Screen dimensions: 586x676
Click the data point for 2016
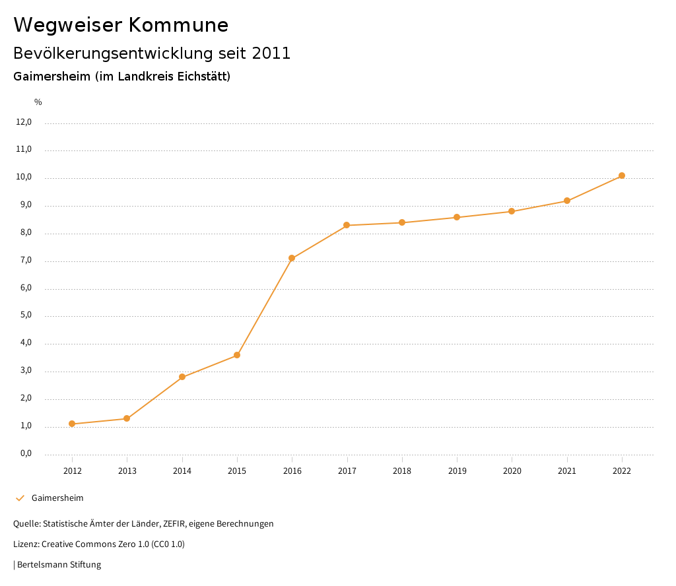tap(292, 258)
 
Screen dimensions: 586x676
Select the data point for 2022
tap(622, 176)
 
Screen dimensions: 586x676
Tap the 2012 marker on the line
tap(72, 424)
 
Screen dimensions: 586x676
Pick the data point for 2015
tap(237, 355)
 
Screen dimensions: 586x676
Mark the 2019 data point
tap(457, 217)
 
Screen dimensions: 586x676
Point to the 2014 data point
tap(182, 377)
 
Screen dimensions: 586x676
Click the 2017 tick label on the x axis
tap(347, 471)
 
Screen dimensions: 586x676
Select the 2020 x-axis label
tap(512, 471)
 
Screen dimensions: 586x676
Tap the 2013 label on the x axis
tap(127, 471)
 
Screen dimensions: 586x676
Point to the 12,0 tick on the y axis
tap(24, 122)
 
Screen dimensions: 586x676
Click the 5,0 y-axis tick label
tap(26, 315)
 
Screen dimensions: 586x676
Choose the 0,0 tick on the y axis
tap(26, 453)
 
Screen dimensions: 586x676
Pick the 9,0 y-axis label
tap(26, 205)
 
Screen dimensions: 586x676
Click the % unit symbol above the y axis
tap(38, 102)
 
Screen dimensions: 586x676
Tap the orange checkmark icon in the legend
tap(20, 498)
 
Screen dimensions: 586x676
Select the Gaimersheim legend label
tap(57, 498)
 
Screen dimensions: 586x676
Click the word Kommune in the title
tap(178, 25)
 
